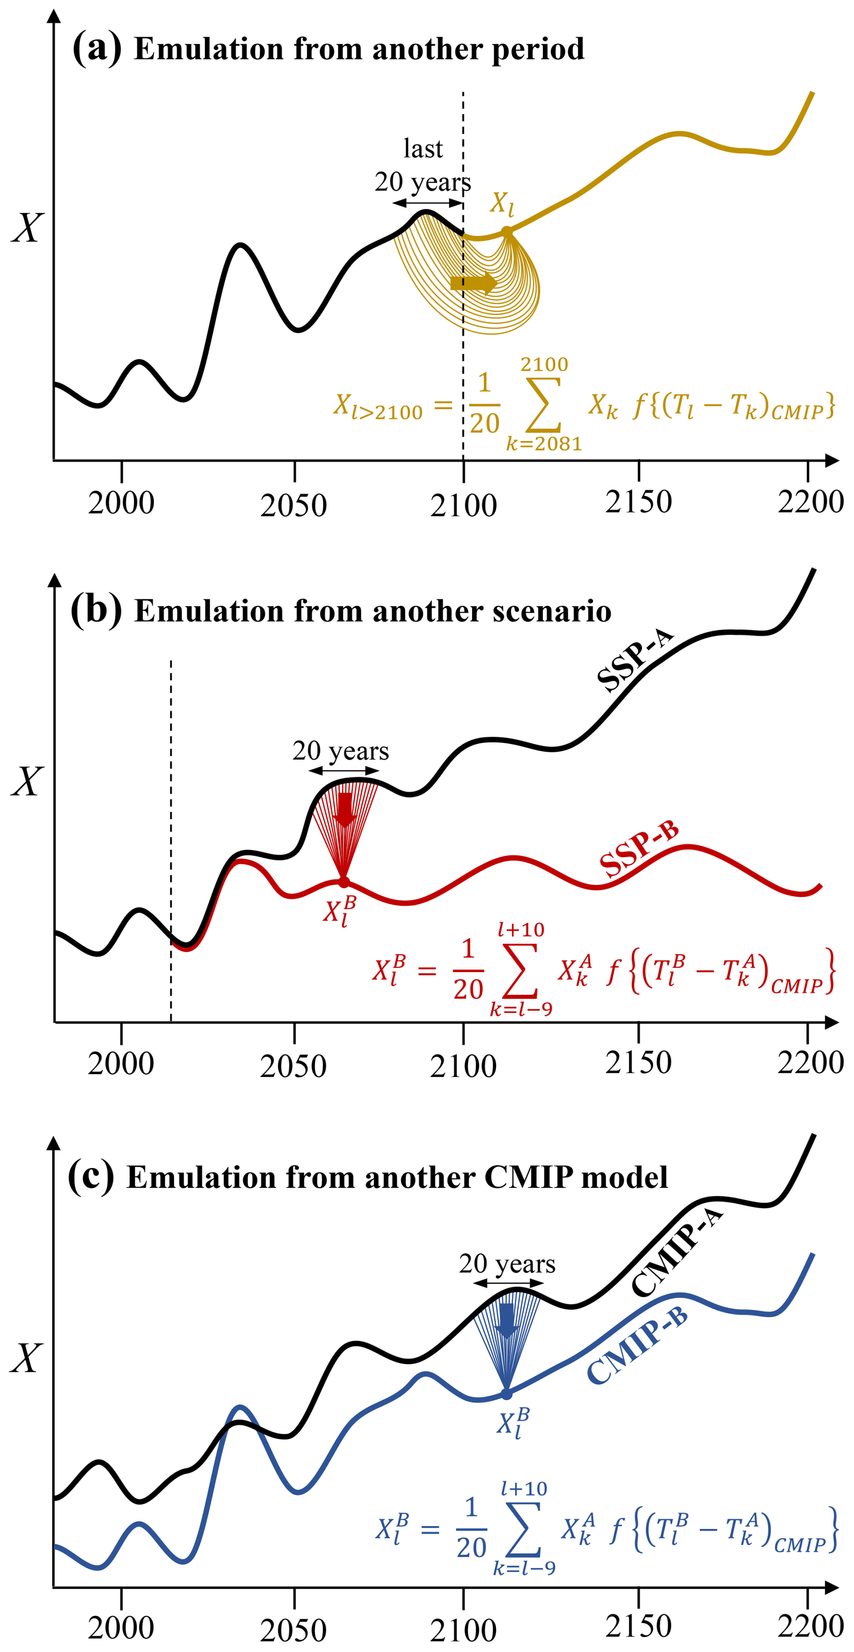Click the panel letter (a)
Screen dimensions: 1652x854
(96, 48)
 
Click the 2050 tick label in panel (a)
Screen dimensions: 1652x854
(294, 506)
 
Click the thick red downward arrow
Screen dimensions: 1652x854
(345, 810)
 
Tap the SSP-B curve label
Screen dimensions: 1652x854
(639, 850)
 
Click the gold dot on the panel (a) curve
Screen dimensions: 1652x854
(506, 232)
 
